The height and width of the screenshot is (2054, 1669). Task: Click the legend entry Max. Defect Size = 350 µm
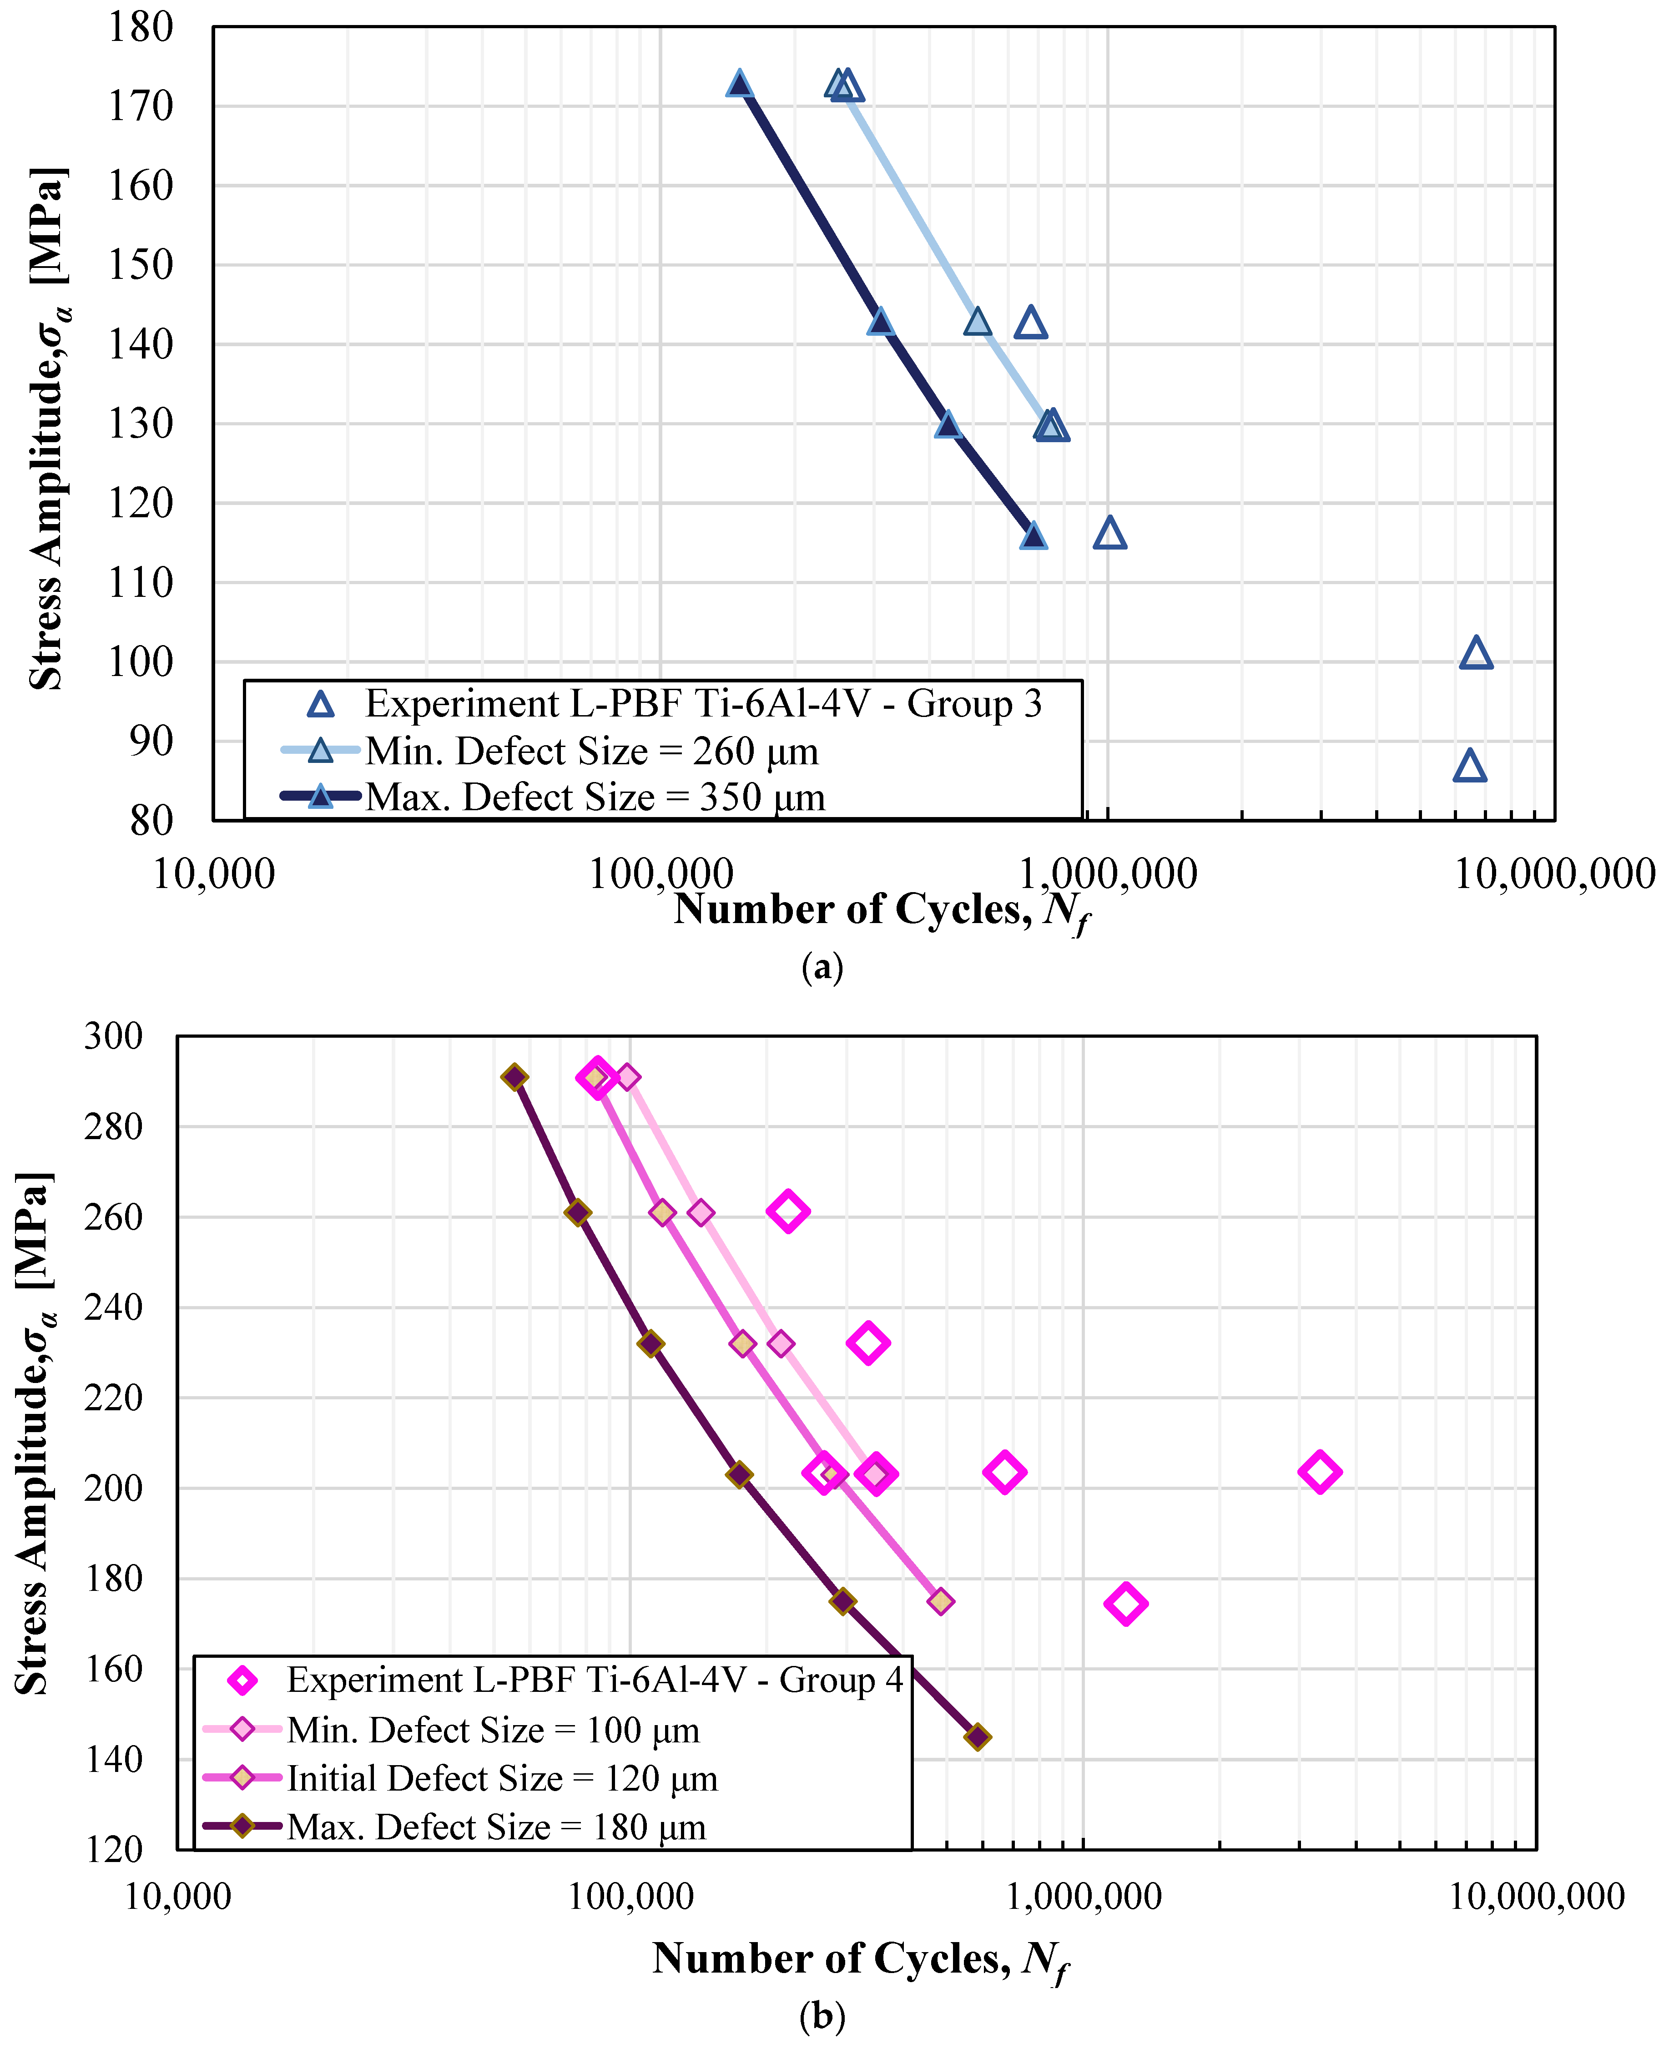594,797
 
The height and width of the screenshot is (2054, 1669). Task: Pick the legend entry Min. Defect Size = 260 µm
591,751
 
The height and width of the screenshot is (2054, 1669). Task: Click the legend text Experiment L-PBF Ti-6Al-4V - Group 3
703,704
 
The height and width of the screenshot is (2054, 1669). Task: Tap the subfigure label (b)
822,2015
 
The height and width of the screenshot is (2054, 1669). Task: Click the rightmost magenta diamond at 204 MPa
1319,1472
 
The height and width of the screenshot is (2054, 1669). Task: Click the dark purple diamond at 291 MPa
515,1077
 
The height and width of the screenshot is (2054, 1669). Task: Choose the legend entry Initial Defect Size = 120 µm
502,1779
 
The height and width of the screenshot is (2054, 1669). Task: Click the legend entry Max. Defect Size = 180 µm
496,1827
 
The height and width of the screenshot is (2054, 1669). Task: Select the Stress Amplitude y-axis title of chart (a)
45,428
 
